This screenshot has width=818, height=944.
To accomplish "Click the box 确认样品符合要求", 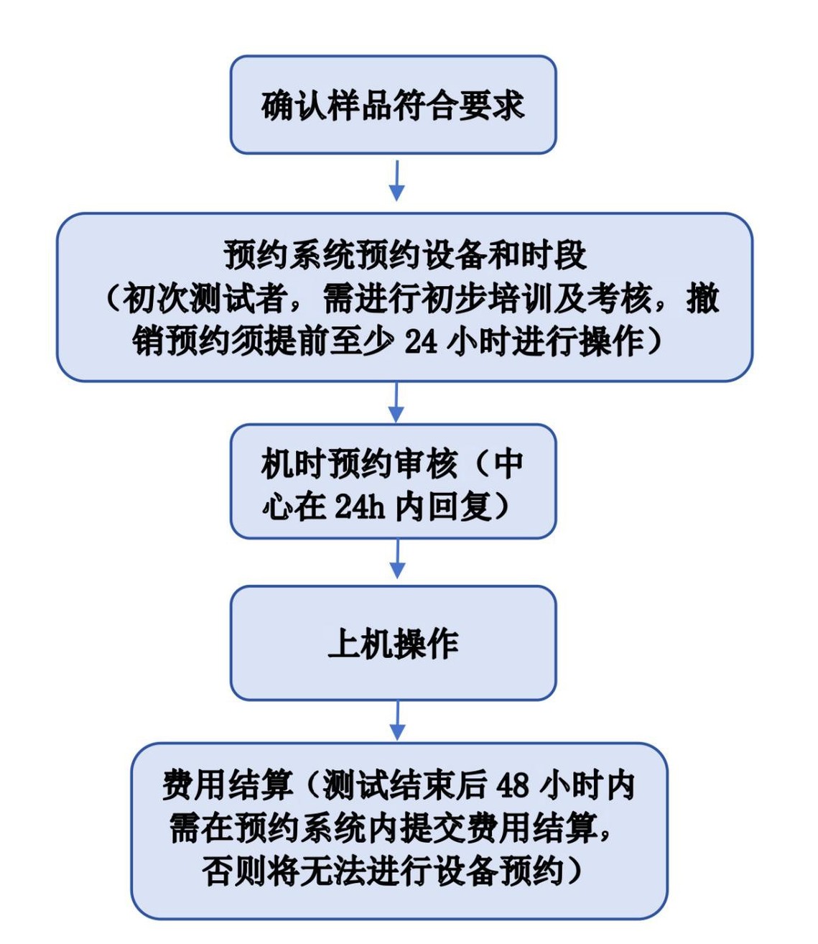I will coord(393,105).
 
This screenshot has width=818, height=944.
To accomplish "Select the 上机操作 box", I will coord(393,643).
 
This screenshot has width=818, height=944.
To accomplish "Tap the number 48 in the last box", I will coord(512,785).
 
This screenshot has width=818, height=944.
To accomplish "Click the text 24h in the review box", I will coord(360,506).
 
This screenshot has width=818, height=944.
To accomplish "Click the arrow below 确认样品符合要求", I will coord(396,180).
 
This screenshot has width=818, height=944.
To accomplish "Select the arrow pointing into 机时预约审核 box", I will coord(396,402).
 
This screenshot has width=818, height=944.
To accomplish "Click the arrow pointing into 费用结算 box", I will coord(396,721).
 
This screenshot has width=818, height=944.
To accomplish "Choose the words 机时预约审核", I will coord(359,464).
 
